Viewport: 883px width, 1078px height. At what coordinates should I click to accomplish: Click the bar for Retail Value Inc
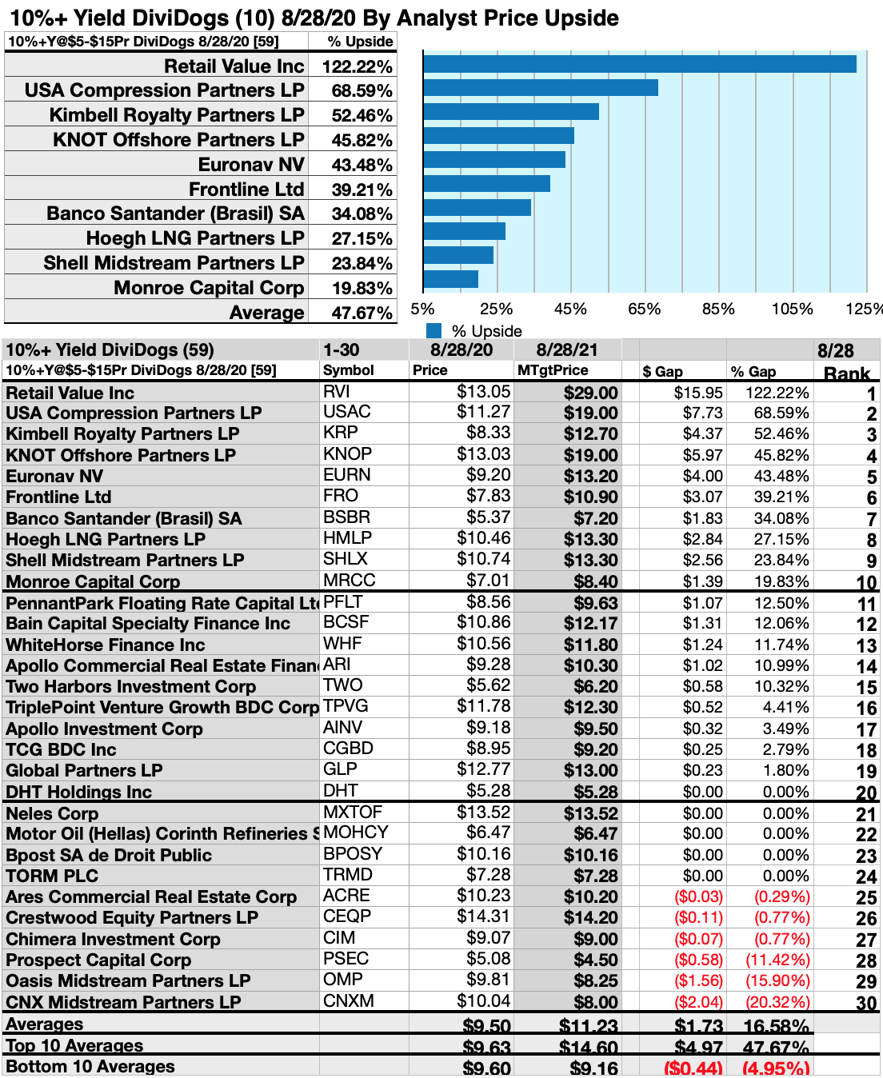tap(640, 64)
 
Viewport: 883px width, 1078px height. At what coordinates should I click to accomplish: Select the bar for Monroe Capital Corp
tap(451, 279)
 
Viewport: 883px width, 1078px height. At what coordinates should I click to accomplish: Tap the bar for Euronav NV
tap(494, 159)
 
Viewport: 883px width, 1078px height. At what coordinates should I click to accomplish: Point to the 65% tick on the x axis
tap(644, 309)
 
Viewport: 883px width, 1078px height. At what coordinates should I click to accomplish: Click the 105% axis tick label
tap(792, 309)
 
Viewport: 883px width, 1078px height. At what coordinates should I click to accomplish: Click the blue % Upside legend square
tap(434, 331)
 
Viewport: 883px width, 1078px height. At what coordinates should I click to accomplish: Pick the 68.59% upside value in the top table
tap(362, 91)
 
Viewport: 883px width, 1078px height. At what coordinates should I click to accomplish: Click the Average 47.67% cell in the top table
tap(362, 313)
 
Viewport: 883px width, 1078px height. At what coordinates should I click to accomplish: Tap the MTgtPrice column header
tap(553, 370)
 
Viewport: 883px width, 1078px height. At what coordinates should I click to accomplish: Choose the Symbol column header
tap(348, 370)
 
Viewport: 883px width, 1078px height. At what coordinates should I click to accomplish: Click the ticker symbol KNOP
tap(347, 454)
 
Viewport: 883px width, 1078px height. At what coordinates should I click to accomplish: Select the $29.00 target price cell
tap(590, 393)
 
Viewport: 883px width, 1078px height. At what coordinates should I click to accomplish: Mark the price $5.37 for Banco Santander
tap(488, 517)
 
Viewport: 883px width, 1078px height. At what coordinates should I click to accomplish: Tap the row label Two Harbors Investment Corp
tap(130, 686)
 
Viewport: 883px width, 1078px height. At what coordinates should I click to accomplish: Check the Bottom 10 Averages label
tap(90, 1067)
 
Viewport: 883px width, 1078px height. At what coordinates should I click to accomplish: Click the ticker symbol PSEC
tap(346, 959)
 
